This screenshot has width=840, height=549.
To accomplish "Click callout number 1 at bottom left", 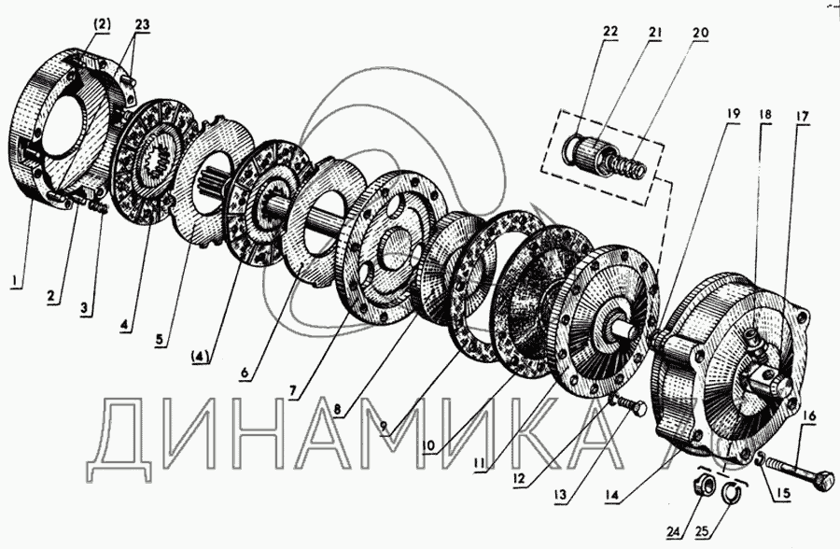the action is coord(17,279).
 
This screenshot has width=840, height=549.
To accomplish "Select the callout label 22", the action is coord(609,32).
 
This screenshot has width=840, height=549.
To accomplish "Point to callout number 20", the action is coord(700,33).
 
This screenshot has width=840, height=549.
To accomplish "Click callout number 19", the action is coord(733,113).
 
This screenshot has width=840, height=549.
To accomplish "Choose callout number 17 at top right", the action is coord(802,116).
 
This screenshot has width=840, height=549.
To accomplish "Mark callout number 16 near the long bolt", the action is coord(809,415).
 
